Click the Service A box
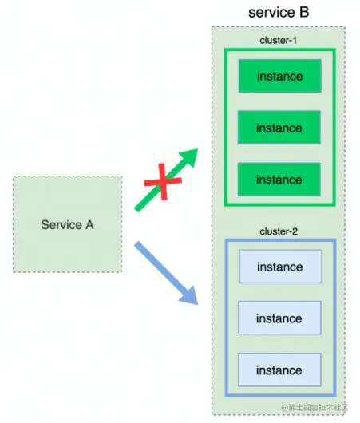pyautogui.click(x=67, y=224)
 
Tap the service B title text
pyautogui.click(x=278, y=12)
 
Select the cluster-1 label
pyautogui.click(x=278, y=40)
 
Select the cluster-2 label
pyautogui.click(x=278, y=231)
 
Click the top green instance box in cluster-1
pyautogui.click(x=279, y=77)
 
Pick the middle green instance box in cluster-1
pyautogui.click(x=279, y=128)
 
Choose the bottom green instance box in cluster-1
pyautogui.click(x=279, y=180)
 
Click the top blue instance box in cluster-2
pyautogui.click(x=279, y=267)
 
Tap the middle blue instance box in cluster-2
pyautogui.click(x=279, y=318)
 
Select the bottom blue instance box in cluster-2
pyautogui.click(x=279, y=370)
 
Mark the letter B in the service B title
pyautogui.click(x=302, y=12)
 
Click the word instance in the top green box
pyautogui.click(x=279, y=77)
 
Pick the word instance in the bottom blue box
pyautogui.click(x=279, y=370)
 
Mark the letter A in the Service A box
pyautogui.click(x=89, y=225)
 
